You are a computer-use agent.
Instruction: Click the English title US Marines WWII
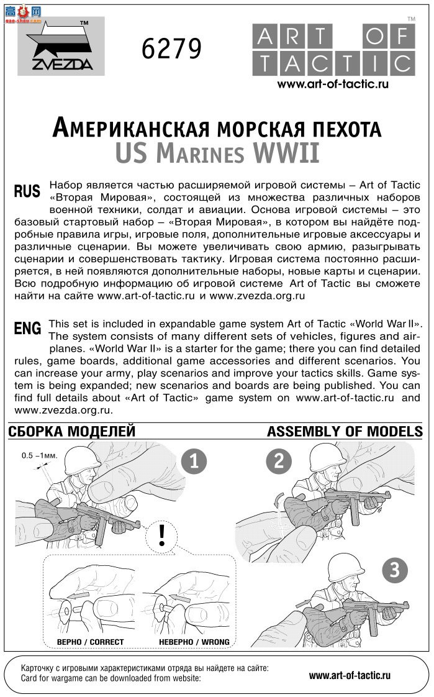pyautogui.click(x=217, y=153)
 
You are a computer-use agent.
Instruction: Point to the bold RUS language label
pyautogui.click(x=27, y=191)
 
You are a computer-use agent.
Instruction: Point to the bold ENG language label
pyautogui.click(x=27, y=329)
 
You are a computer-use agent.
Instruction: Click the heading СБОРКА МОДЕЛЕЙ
pyautogui.click(x=72, y=431)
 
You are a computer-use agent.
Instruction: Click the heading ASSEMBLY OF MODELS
pyautogui.click(x=345, y=431)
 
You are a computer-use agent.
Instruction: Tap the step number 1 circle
pyautogui.click(x=194, y=462)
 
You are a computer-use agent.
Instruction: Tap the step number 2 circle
pyautogui.click(x=279, y=462)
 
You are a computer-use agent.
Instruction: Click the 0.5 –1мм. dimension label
pyautogui.click(x=39, y=455)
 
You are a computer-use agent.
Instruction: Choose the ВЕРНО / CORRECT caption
pyautogui.click(x=90, y=642)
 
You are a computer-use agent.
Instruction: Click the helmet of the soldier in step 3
pyautogui.click(x=344, y=566)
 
